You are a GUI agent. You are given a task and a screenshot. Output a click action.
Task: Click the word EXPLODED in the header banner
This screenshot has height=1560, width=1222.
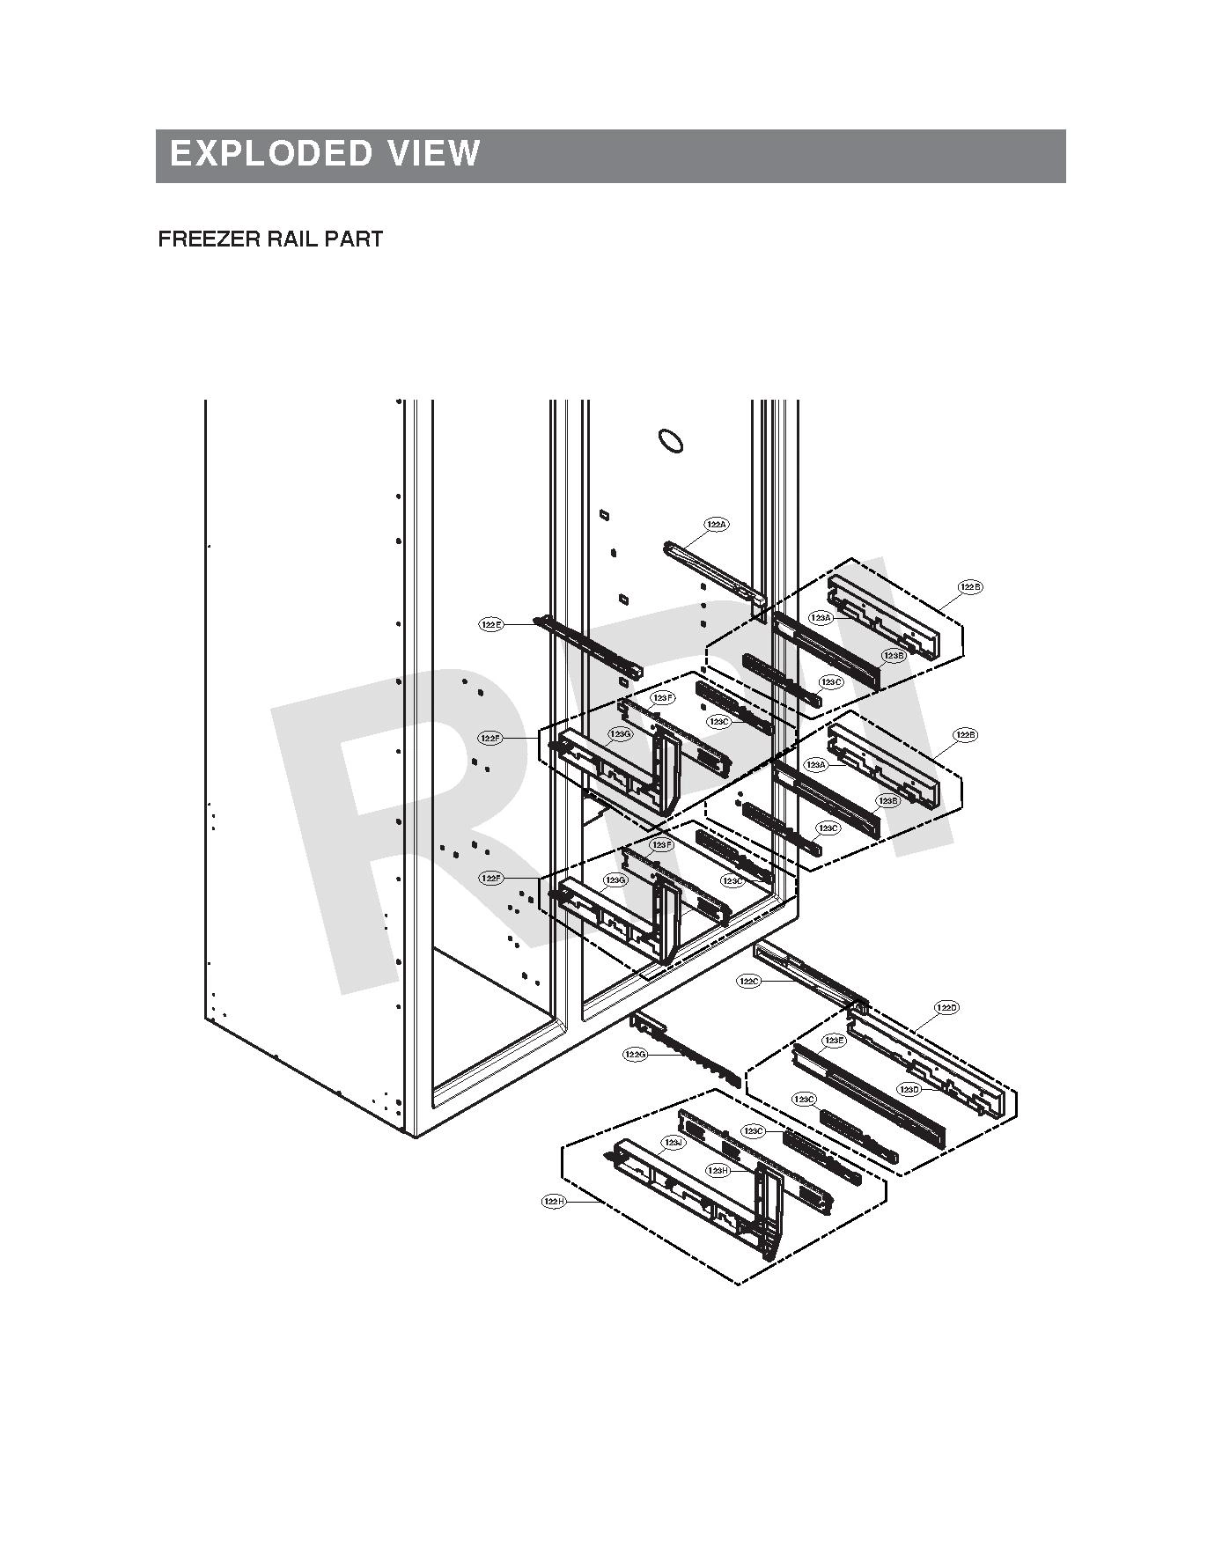(x=270, y=153)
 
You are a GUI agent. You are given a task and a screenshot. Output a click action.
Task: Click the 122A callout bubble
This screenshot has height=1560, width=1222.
(x=717, y=525)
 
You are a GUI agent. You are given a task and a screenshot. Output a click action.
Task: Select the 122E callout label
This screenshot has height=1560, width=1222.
(x=491, y=624)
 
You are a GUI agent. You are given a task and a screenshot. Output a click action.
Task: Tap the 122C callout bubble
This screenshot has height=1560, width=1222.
(x=748, y=981)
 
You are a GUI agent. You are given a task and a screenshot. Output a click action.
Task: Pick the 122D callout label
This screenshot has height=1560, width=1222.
(x=946, y=1007)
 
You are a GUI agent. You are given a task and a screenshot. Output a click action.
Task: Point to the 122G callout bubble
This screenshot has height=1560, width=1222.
(x=636, y=1054)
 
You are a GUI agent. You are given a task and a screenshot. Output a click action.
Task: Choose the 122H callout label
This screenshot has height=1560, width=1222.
(x=554, y=1201)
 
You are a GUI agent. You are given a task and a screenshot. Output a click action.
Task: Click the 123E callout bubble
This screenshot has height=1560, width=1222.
(x=833, y=1041)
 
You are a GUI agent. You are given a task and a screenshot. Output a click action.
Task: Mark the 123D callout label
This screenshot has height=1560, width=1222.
(x=909, y=1090)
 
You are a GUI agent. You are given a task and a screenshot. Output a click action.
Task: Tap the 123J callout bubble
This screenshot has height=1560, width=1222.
(x=673, y=1143)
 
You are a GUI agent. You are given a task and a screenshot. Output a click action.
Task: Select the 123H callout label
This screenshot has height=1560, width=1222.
(x=718, y=1170)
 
